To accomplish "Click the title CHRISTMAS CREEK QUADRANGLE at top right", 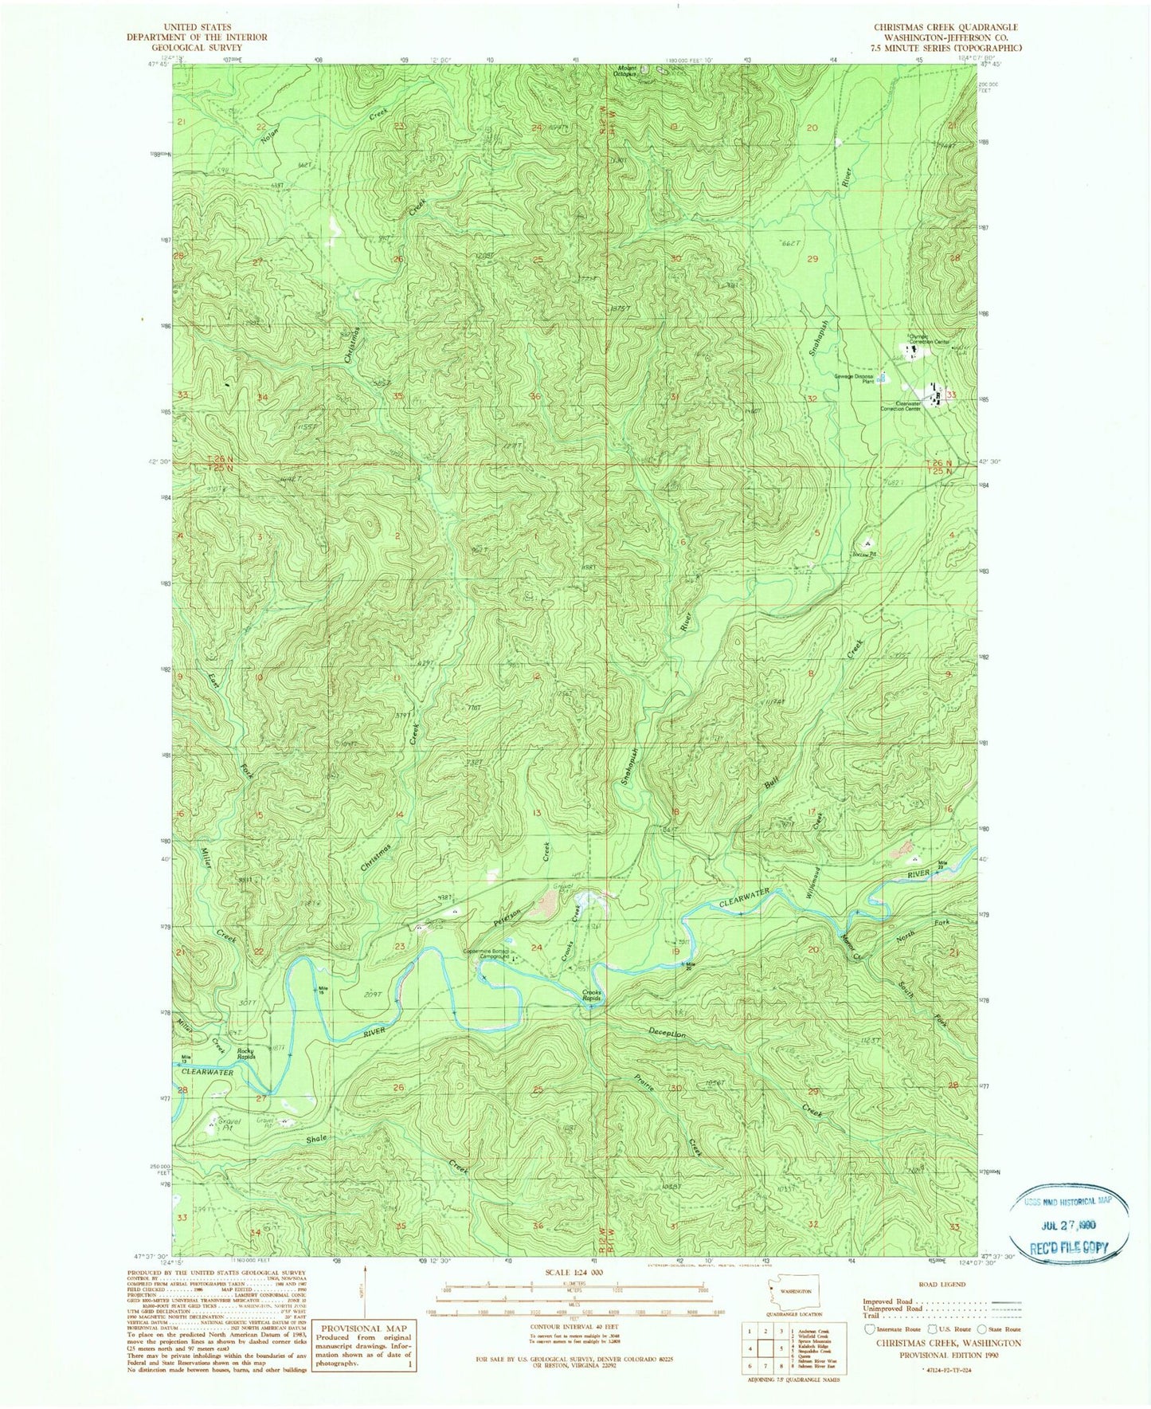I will tap(945, 27).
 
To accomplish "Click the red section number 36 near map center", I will tap(535, 396).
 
